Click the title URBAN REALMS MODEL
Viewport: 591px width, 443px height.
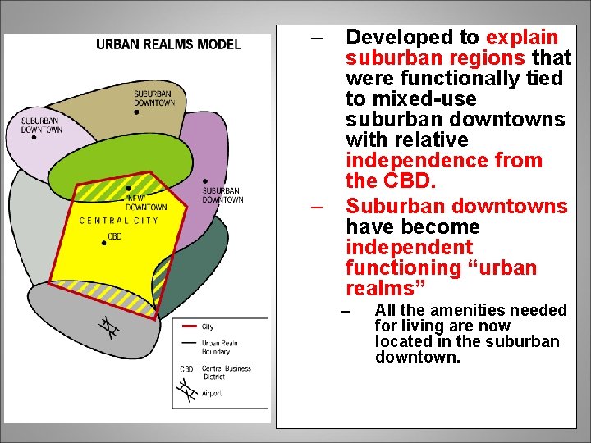[x=168, y=43]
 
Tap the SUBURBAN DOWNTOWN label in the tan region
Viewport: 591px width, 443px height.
[x=154, y=98]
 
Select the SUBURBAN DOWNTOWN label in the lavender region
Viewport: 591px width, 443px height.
[x=41, y=126]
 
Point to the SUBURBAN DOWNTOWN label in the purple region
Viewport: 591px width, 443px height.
[x=222, y=195]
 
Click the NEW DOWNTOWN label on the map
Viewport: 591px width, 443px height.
[x=146, y=203]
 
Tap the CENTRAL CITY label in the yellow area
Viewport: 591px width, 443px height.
[x=118, y=221]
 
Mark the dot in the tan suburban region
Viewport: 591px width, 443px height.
[x=136, y=112]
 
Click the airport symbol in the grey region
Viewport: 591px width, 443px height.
[x=108, y=328]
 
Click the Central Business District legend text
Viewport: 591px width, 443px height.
[x=227, y=373]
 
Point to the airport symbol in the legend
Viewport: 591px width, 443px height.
[x=187, y=393]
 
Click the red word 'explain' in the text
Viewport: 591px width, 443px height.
[x=522, y=38]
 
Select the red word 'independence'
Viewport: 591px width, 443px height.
[x=444, y=161]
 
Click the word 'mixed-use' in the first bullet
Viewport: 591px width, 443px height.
[x=423, y=99]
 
